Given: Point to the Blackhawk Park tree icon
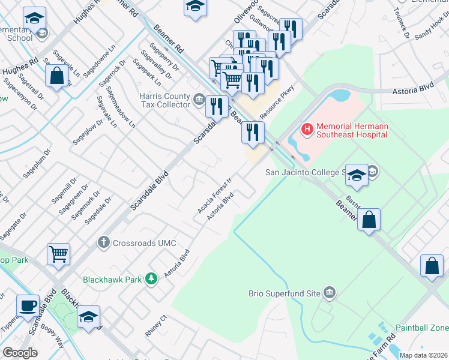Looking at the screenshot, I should [x=152, y=279].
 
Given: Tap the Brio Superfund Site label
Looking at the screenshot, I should [x=285, y=293].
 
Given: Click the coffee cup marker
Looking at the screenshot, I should [x=28, y=306].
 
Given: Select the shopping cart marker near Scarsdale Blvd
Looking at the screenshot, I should [x=58, y=254].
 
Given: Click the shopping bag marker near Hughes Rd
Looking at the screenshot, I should [x=56, y=76].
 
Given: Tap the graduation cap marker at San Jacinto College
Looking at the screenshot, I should [x=357, y=175].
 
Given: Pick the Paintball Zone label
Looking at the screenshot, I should [x=421, y=328].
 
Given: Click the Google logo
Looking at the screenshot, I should [x=20, y=352].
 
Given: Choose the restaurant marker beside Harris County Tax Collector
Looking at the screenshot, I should [x=217, y=107].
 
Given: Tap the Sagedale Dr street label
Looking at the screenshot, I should [x=98, y=210].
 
